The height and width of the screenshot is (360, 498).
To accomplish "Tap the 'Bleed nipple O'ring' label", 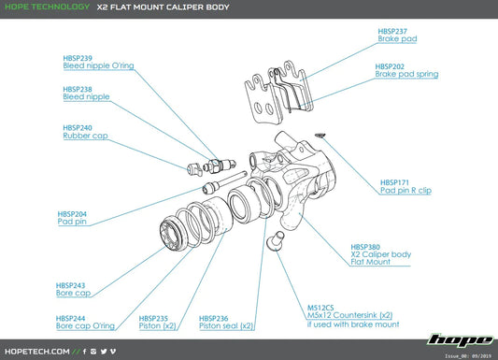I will point(97,66).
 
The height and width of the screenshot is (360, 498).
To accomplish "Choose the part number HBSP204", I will point(73,213).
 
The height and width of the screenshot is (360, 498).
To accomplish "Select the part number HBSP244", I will point(71,318).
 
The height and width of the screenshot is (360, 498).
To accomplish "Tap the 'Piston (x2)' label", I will point(157,326).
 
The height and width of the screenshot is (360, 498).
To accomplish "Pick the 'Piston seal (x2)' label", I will point(226,326).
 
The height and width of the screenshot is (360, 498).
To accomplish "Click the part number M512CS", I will point(322,307).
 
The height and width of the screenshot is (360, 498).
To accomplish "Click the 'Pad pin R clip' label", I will point(406,190).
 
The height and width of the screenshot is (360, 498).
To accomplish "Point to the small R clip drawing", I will point(321,134).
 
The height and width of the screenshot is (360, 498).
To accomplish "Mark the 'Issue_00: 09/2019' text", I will point(465,355).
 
